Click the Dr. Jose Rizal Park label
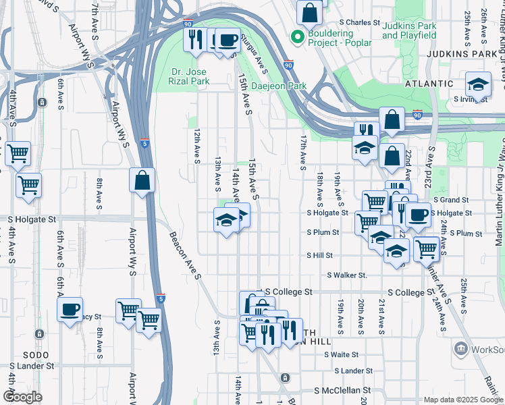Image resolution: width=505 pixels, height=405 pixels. tap(189, 76)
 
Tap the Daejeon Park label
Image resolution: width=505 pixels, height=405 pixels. tap(279, 86)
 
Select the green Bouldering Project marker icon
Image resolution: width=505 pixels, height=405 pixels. tap(295, 36)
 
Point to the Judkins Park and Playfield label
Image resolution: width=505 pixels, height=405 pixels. tap(409, 30)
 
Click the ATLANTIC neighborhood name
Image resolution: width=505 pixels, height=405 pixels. tap(429, 84)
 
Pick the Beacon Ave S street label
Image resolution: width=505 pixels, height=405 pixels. tap(184, 257)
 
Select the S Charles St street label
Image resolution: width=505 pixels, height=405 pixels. tap(361, 22)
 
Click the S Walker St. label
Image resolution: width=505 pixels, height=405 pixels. tap(347, 275)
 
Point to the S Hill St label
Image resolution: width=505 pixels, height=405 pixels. tap(321, 256)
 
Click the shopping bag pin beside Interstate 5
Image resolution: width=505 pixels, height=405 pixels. tap(142, 180)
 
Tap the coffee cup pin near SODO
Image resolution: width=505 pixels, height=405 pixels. tap(70, 310)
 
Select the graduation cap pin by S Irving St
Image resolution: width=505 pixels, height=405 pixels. tap(478, 84)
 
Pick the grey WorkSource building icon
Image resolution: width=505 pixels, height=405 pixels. tap(460, 348)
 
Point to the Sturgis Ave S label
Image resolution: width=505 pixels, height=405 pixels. tap(257, 57)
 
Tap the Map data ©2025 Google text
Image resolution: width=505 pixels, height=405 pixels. tap(463, 400)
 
